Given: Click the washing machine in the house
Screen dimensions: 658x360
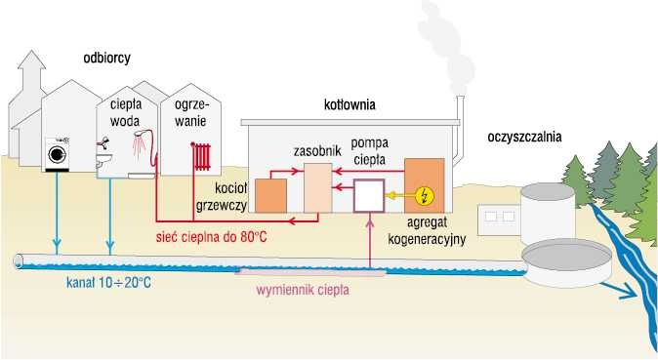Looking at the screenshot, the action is click(x=57, y=154).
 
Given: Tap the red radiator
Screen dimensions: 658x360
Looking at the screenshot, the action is click(x=201, y=156).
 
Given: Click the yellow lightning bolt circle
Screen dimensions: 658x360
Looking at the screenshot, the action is click(x=426, y=195).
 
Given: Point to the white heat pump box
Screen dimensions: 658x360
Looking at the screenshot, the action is click(x=369, y=195).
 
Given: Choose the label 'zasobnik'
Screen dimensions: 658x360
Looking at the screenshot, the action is click(x=317, y=150).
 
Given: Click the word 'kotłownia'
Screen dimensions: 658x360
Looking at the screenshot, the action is click(x=350, y=104).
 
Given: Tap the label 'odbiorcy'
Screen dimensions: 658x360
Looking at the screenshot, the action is click(x=106, y=58).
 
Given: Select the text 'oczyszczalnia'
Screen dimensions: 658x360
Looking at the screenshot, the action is click(x=524, y=137).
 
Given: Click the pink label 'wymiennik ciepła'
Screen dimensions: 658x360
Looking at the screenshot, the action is click(x=302, y=290).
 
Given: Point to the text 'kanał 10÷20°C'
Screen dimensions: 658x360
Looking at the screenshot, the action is click(x=108, y=282).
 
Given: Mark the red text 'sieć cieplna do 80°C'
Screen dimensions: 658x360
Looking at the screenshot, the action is click(x=211, y=237).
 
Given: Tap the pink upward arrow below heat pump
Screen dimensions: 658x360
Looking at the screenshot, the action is click(x=369, y=241).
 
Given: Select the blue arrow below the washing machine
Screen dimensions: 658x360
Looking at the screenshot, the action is click(x=57, y=213).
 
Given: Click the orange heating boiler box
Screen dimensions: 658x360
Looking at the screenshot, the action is click(x=271, y=195).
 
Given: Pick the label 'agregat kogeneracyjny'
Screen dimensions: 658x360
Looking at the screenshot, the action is click(x=427, y=231).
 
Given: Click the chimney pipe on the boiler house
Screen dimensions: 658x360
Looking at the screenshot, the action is click(x=459, y=130).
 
